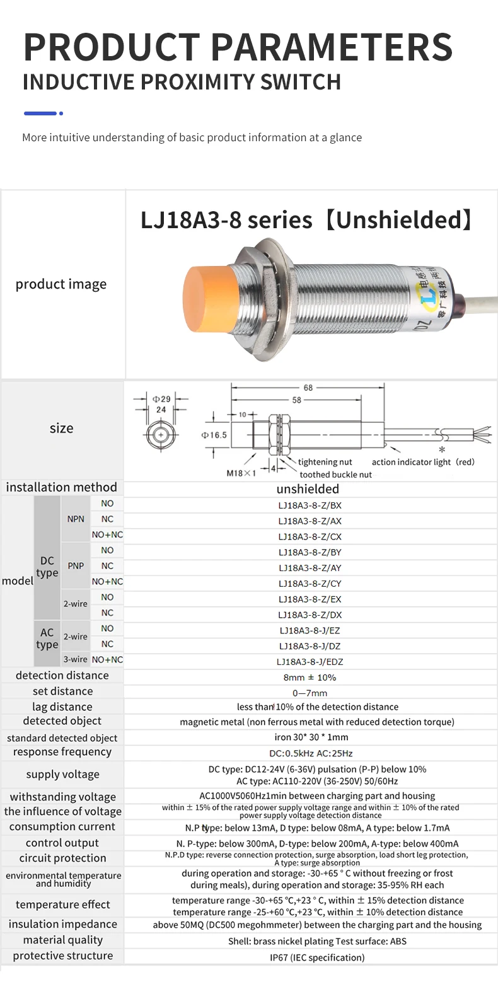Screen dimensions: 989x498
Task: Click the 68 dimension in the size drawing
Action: pyautogui.click(x=308, y=388)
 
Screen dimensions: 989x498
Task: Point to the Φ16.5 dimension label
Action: pyautogui.click(x=214, y=435)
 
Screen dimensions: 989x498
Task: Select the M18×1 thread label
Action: pyautogui.click(x=241, y=473)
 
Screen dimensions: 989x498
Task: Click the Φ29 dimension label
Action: pyautogui.click(x=161, y=398)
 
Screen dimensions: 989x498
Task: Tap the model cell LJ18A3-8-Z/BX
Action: pyautogui.click(x=310, y=506)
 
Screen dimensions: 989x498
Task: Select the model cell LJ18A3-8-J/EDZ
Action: pyautogui.click(x=310, y=662)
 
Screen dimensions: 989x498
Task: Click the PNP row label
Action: pyautogui.click(x=76, y=566)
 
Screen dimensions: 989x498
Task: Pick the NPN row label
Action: pyautogui.click(x=76, y=519)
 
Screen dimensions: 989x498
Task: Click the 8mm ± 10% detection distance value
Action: pyautogui.click(x=310, y=678)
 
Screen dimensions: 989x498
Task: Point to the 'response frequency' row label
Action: pyautogui.click(x=62, y=752)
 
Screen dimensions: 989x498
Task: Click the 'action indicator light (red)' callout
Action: pyautogui.click(x=422, y=462)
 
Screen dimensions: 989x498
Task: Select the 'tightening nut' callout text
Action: pyautogui.click(x=325, y=462)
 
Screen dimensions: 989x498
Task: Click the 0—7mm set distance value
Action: pyautogui.click(x=310, y=693)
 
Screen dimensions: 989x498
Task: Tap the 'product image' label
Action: pyautogui.click(x=61, y=284)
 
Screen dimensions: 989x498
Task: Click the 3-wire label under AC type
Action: pyautogui.click(x=75, y=659)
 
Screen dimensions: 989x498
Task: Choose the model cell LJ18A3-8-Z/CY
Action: pyautogui.click(x=310, y=584)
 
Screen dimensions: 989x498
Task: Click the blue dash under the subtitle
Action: pyautogui.click(x=40, y=113)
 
